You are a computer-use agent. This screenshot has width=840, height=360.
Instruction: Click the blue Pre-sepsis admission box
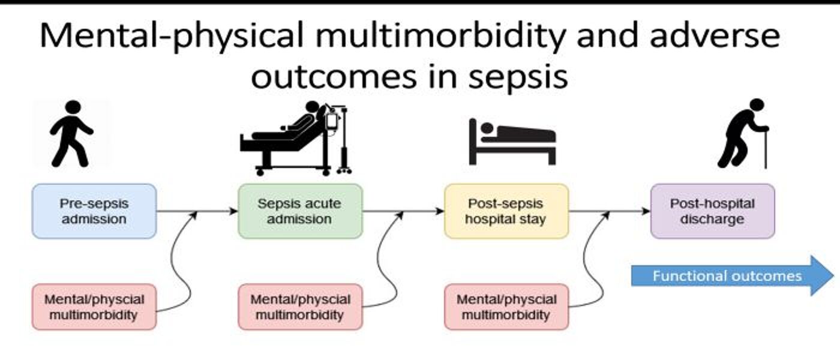(x=94, y=211)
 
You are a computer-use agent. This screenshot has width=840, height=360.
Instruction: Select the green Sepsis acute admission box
(x=301, y=211)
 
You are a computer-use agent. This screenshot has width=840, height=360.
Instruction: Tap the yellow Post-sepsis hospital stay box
(x=506, y=211)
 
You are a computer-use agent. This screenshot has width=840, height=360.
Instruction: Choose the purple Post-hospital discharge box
(x=713, y=211)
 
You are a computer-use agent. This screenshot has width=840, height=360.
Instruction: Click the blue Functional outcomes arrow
(x=733, y=276)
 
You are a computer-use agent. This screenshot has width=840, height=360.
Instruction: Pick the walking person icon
(x=71, y=133)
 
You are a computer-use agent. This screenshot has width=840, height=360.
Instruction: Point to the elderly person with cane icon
(x=743, y=133)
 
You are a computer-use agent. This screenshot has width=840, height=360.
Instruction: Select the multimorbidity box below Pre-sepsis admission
(x=94, y=307)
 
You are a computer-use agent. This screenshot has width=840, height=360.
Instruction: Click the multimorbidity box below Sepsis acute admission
(x=301, y=307)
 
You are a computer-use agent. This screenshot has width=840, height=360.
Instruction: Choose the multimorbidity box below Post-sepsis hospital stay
(x=506, y=307)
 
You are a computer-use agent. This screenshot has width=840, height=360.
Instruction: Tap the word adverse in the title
(x=715, y=35)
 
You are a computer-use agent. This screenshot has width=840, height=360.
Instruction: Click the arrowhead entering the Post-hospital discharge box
(x=646, y=211)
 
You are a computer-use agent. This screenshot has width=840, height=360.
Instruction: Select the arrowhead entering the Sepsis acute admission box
(x=233, y=211)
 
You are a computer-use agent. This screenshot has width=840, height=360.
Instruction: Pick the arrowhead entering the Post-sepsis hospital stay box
(x=440, y=211)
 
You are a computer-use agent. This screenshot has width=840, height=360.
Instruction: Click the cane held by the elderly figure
(x=765, y=148)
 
